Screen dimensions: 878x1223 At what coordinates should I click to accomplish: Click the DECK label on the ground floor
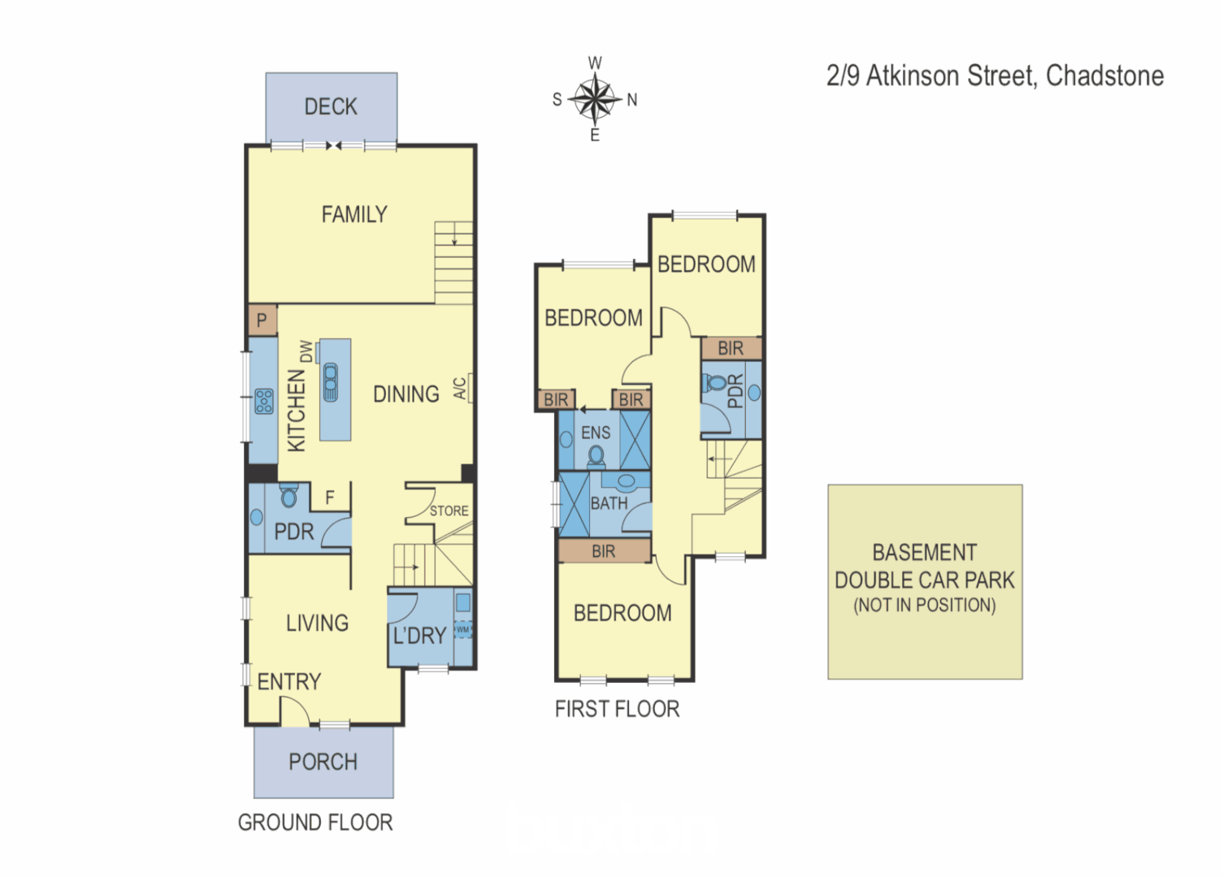(x=331, y=106)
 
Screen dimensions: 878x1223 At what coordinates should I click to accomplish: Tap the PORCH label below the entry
(x=323, y=762)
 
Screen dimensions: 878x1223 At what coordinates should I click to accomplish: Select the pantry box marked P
(x=262, y=320)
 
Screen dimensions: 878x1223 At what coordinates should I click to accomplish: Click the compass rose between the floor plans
(x=595, y=99)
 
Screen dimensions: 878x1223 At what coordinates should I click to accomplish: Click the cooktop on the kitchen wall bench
(x=264, y=401)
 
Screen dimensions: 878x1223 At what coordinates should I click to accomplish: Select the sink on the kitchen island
(x=331, y=382)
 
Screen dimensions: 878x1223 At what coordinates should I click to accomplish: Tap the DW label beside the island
(x=306, y=351)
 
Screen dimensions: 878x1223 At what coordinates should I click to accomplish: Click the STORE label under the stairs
(x=449, y=511)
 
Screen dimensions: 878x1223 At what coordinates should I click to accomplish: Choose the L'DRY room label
(x=419, y=636)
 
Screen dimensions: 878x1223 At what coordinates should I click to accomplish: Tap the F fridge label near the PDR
(x=330, y=498)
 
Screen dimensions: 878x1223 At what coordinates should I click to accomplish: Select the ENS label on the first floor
(x=596, y=433)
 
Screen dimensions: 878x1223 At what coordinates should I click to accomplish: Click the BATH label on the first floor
(x=609, y=504)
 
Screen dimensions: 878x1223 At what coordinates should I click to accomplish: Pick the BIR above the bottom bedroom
(x=603, y=551)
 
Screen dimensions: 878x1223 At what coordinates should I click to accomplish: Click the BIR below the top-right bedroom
(x=731, y=348)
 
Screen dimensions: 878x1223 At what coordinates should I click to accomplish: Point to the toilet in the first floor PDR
(x=716, y=382)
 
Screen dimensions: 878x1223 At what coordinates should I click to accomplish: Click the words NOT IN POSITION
(x=924, y=605)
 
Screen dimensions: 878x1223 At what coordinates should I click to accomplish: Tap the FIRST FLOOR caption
(x=617, y=709)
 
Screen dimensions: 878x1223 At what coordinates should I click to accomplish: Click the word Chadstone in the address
(x=1104, y=76)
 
